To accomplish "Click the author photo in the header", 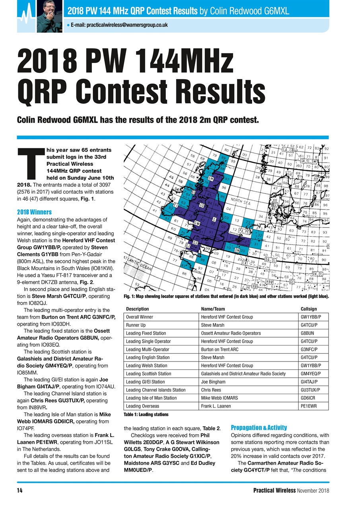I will point(50,17).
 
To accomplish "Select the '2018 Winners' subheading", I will point(34,212).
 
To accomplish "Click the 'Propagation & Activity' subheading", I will point(259,427).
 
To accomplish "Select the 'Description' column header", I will point(137,309).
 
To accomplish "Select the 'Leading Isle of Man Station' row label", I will point(151,398).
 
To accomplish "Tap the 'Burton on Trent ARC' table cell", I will point(220,349).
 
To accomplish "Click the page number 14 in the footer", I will point(19,490).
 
